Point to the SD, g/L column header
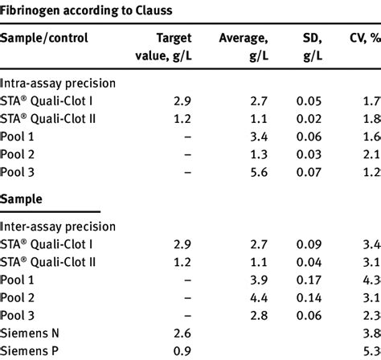312,46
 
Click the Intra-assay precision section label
58,83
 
